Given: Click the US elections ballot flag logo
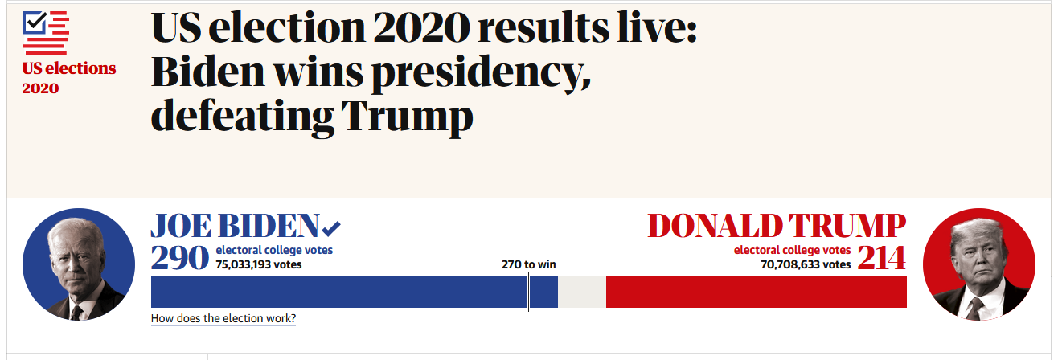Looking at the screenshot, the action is pyautogui.click(x=45, y=33).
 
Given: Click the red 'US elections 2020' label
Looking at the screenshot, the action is pyautogui.click(x=68, y=78).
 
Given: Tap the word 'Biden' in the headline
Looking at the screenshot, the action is pyautogui.click(x=207, y=72).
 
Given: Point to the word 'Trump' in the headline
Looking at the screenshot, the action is pyautogui.click(x=407, y=116).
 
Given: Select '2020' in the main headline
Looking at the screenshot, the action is pyautogui.click(x=420, y=28).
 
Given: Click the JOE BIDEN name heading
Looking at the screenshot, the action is pyautogui.click(x=235, y=226).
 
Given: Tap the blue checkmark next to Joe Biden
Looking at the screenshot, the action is pyautogui.click(x=331, y=228).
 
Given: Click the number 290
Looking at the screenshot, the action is pyautogui.click(x=179, y=258).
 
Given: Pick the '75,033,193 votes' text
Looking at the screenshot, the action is pyautogui.click(x=258, y=264).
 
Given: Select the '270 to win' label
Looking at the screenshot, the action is pyautogui.click(x=528, y=264).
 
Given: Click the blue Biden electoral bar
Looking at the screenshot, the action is pyautogui.click(x=355, y=292).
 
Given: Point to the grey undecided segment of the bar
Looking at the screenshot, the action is pyautogui.click(x=582, y=292).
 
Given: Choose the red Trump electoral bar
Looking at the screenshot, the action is pyautogui.click(x=757, y=292).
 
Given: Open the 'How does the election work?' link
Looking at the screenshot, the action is pyautogui.click(x=223, y=318).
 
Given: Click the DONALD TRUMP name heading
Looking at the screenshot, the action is pyautogui.click(x=777, y=226).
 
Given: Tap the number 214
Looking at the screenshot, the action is pyautogui.click(x=881, y=258).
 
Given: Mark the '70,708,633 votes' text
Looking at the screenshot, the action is pyautogui.click(x=806, y=264).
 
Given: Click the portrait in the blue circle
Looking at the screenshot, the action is pyautogui.click(x=79, y=264).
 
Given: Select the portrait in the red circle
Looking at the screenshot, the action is pyautogui.click(x=979, y=264).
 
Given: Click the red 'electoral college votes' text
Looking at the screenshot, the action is pyautogui.click(x=792, y=250).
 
